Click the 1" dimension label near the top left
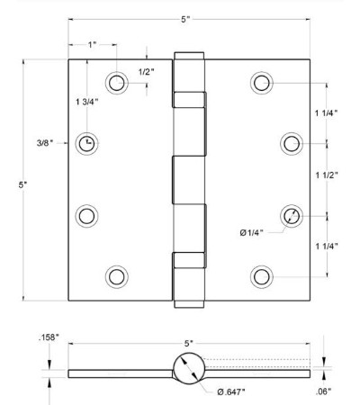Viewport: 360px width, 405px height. click(92, 45)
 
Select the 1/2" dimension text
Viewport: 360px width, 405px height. click(146, 72)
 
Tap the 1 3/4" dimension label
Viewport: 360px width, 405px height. click(87, 102)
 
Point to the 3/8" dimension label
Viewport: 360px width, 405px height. click(45, 143)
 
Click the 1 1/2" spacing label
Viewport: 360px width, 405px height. click(327, 175)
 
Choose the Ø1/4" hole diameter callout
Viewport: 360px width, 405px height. click(252, 232)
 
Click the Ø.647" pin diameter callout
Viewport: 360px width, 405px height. click(231, 391)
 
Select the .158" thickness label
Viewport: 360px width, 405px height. click(49, 337)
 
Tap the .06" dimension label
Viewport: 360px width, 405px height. click(324, 391)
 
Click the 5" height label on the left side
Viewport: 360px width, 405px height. click(22, 184)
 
